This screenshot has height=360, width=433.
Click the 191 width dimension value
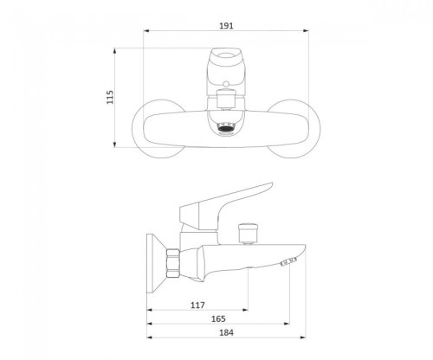(226, 26)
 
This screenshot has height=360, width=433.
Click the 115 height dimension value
(110, 97)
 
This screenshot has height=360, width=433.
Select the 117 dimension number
(197, 305)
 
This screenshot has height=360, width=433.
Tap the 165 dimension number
(218, 318)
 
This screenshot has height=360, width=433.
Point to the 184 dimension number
(226, 332)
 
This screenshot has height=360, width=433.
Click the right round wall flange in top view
(316, 129)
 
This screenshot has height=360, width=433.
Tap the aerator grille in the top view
(226, 127)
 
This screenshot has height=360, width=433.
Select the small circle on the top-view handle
(226, 84)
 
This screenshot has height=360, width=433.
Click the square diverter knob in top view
(226, 99)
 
